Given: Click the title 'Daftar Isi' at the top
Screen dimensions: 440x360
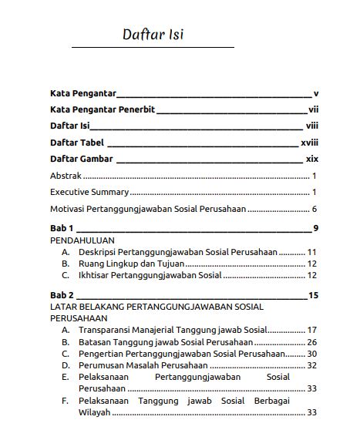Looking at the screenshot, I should click(153, 35).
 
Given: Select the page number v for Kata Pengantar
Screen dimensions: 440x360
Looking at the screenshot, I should click(316, 93).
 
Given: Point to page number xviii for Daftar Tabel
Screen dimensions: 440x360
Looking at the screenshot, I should click(309, 143).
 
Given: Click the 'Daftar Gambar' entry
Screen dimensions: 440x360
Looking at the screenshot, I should click(82, 159).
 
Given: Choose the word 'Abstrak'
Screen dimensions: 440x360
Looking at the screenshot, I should click(66, 176).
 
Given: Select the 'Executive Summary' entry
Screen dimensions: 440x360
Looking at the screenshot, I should click(89, 192).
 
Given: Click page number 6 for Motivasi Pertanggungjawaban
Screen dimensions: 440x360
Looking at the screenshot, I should click(315, 209).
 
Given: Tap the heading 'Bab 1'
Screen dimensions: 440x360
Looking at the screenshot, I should click(62, 228).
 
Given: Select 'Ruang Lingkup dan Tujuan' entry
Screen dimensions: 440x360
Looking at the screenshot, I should click(126, 263).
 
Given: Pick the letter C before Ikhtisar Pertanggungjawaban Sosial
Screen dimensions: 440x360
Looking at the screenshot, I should click(66, 274).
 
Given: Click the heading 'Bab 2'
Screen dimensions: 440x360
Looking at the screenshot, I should click(62, 295).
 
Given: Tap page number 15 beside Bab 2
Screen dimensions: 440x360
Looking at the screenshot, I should click(313, 295).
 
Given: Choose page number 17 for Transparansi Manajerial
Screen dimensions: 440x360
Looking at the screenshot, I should click(312, 330).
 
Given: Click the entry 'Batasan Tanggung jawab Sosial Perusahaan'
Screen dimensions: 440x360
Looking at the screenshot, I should click(165, 341).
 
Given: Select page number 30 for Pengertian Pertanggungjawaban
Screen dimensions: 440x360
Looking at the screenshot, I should click(312, 353).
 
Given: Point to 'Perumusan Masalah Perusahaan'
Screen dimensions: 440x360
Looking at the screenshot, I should click(143, 364).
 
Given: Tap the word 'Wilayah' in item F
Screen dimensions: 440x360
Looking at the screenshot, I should click(95, 412).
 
